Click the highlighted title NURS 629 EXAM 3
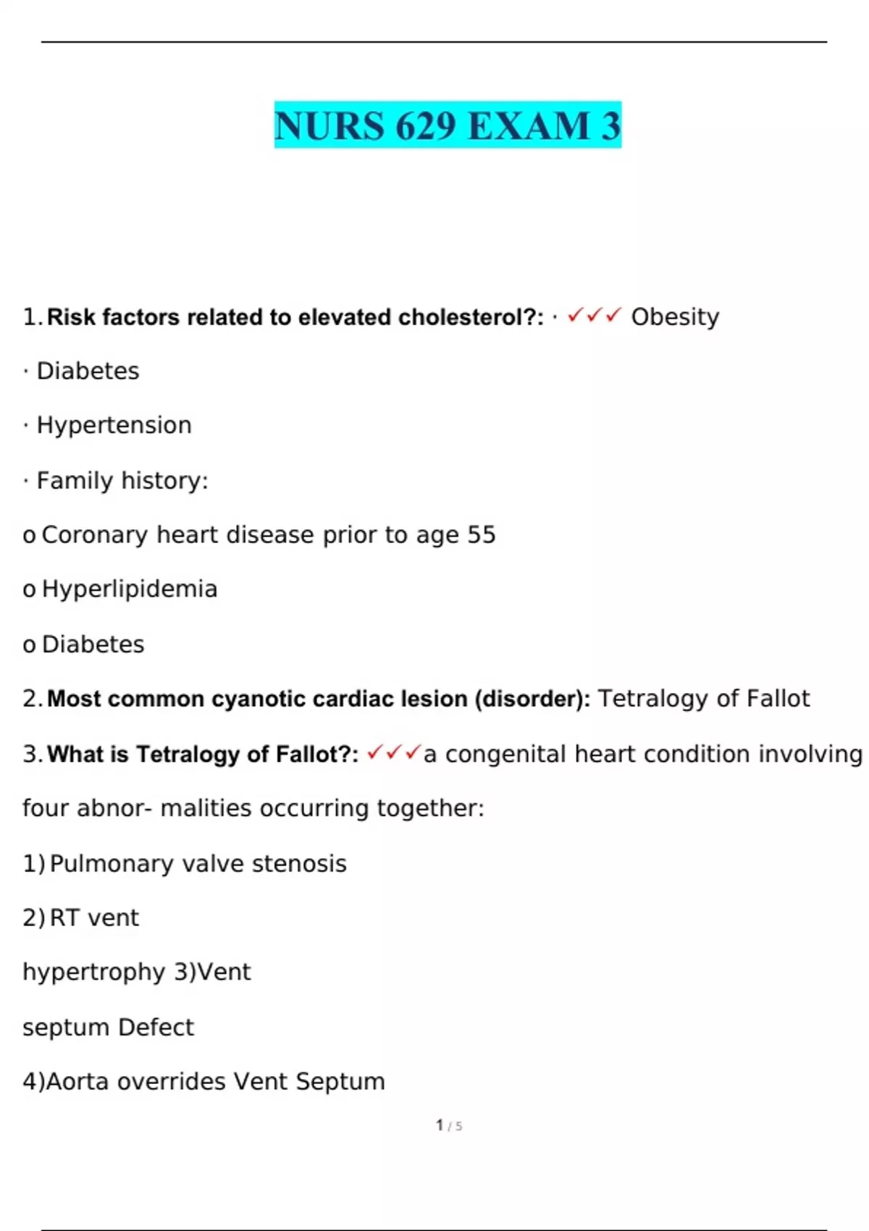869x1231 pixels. (x=448, y=125)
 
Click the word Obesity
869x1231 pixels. (x=675, y=316)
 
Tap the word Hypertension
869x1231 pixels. (x=114, y=425)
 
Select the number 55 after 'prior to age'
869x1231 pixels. (x=482, y=535)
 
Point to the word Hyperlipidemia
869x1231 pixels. (x=130, y=589)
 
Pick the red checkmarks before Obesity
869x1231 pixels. (x=595, y=316)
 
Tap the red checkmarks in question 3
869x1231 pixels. (x=393, y=754)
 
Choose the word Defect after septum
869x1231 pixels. (x=156, y=1028)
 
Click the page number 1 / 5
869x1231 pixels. (x=449, y=1125)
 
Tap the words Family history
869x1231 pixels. (x=122, y=481)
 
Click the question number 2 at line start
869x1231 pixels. (x=31, y=699)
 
